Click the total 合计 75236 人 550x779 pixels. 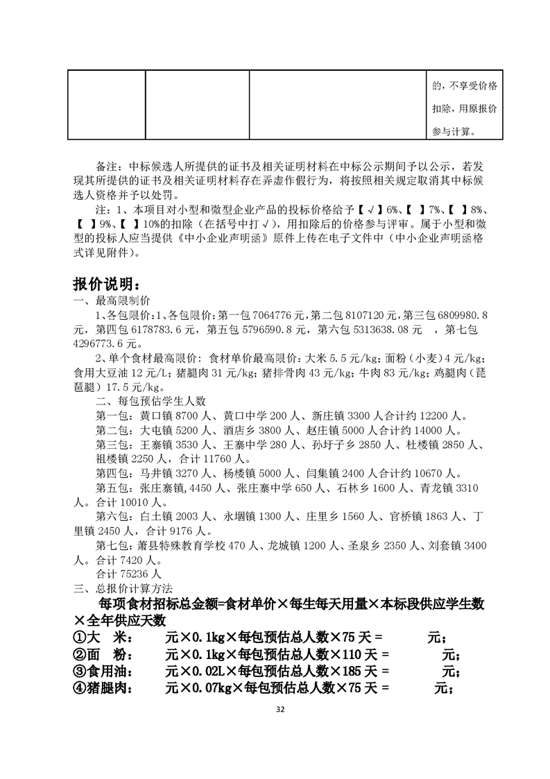pos(128,574)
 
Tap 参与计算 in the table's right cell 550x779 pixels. pos(454,131)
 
